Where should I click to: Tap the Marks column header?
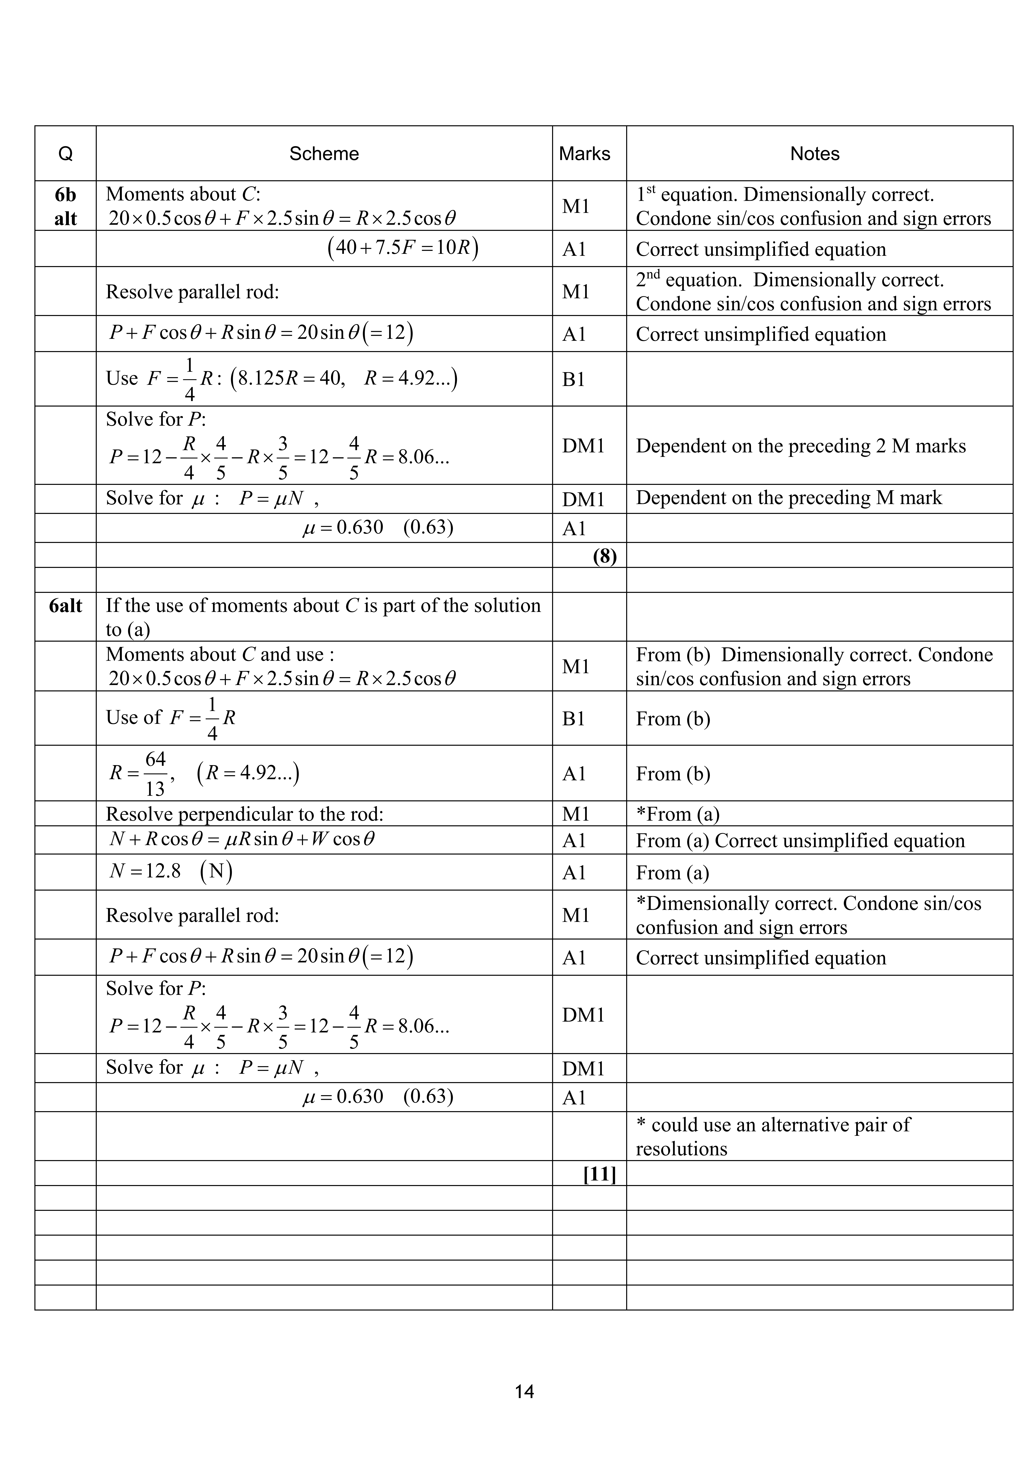pos(584,154)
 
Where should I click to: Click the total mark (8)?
pos(604,556)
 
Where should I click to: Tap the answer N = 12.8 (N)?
pos(170,872)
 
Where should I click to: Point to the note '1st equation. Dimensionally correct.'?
pos(785,194)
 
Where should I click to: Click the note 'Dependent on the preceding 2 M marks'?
pos(801,446)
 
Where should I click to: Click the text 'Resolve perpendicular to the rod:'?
pos(244,814)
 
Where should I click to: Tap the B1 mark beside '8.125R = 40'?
pos(573,380)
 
